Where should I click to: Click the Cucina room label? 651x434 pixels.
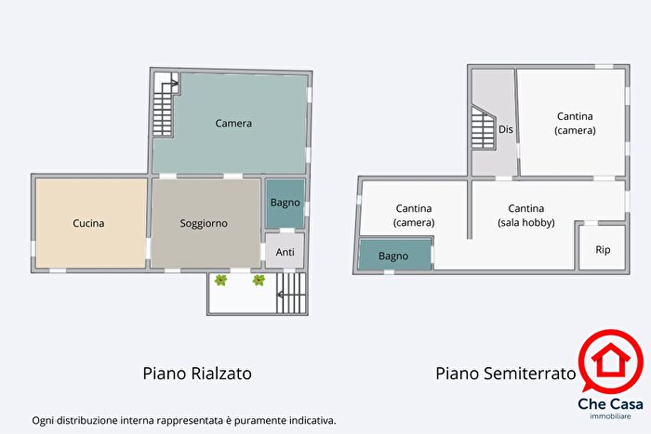tap(89, 223)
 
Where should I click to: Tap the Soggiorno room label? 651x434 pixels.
tap(204, 223)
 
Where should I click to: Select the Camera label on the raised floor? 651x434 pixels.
tap(233, 123)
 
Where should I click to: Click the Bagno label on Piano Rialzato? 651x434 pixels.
tap(284, 204)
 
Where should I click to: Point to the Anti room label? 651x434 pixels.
tap(286, 251)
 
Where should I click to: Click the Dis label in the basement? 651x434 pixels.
tap(506, 129)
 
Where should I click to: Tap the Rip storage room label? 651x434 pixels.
tap(603, 249)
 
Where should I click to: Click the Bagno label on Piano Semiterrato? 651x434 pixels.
tap(394, 255)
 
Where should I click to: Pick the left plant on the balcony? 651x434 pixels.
tap(221, 280)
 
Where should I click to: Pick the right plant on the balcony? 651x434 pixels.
tap(259, 280)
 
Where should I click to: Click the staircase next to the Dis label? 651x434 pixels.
tap(483, 128)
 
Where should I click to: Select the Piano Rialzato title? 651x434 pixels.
tap(197, 374)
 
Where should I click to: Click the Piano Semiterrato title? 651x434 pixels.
tap(505, 374)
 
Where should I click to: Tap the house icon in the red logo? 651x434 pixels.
tap(610, 359)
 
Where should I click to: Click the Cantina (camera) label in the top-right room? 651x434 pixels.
tap(576, 123)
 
